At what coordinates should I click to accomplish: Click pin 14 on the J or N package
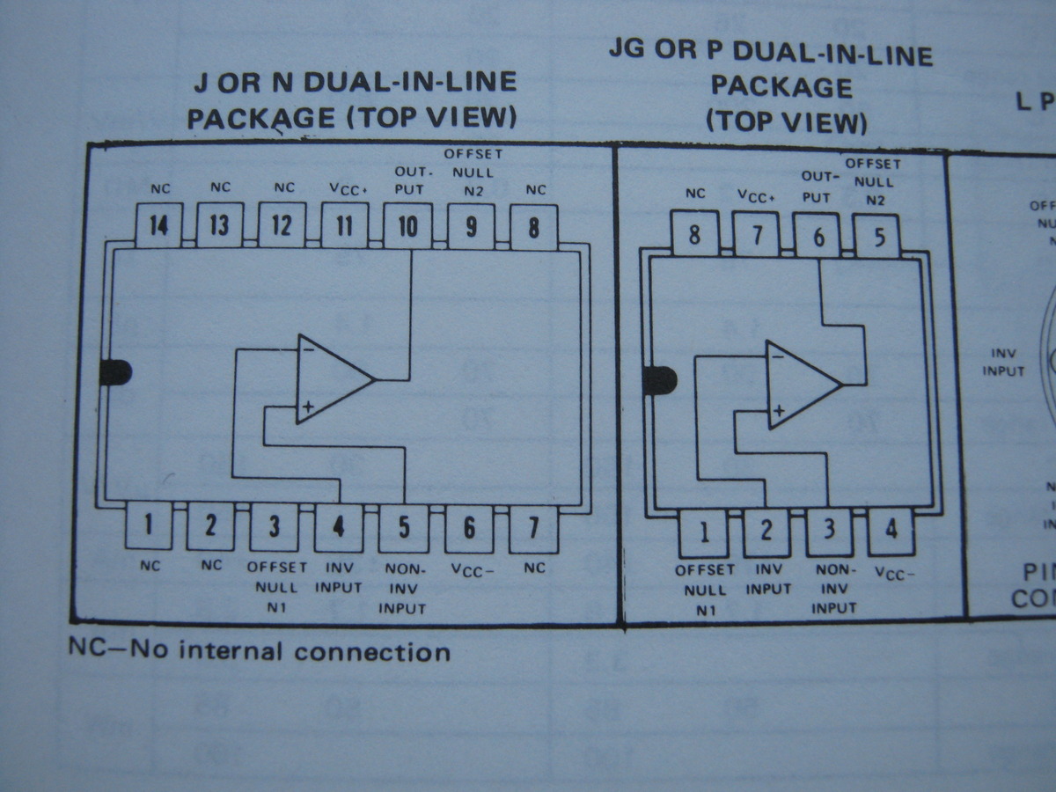click(158, 226)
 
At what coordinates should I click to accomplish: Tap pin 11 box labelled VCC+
click(344, 226)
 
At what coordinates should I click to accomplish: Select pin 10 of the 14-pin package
click(407, 226)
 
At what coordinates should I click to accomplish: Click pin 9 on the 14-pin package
click(471, 226)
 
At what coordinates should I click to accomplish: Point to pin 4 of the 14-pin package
click(339, 527)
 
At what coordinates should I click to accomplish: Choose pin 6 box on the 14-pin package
click(469, 528)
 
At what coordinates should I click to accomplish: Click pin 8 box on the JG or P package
click(695, 235)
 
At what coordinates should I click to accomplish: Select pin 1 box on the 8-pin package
click(703, 532)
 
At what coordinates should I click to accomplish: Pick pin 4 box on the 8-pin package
click(891, 531)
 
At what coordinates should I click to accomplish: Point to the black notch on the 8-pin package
click(659, 381)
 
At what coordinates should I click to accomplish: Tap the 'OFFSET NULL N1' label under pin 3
click(275, 586)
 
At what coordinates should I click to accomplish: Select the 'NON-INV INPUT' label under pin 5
click(403, 588)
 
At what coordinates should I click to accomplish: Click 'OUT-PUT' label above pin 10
click(408, 180)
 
